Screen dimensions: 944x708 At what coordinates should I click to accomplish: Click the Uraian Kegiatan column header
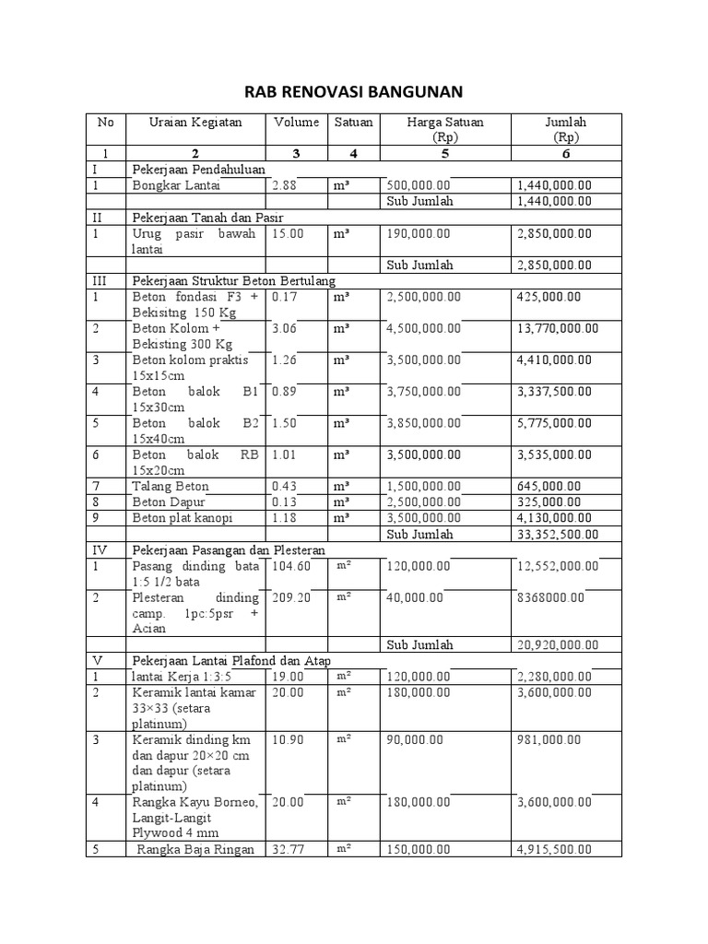click(195, 122)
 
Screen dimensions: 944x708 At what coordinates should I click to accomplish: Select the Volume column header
click(296, 122)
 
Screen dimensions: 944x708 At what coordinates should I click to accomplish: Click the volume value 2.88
click(287, 185)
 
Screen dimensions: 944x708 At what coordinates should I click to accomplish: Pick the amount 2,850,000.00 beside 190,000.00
click(554, 234)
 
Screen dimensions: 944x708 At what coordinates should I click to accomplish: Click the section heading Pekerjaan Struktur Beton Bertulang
click(234, 280)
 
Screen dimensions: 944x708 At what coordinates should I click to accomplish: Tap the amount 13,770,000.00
click(558, 327)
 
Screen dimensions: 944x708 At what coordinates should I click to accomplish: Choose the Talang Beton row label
click(171, 486)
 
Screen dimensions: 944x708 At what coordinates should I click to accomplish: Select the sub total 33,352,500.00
click(558, 534)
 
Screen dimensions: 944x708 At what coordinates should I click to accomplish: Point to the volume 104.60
click(291, 565)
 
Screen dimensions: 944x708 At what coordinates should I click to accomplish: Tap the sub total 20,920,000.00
click(558, 644)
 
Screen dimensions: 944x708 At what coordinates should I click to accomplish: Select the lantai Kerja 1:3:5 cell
click(178, 677)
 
